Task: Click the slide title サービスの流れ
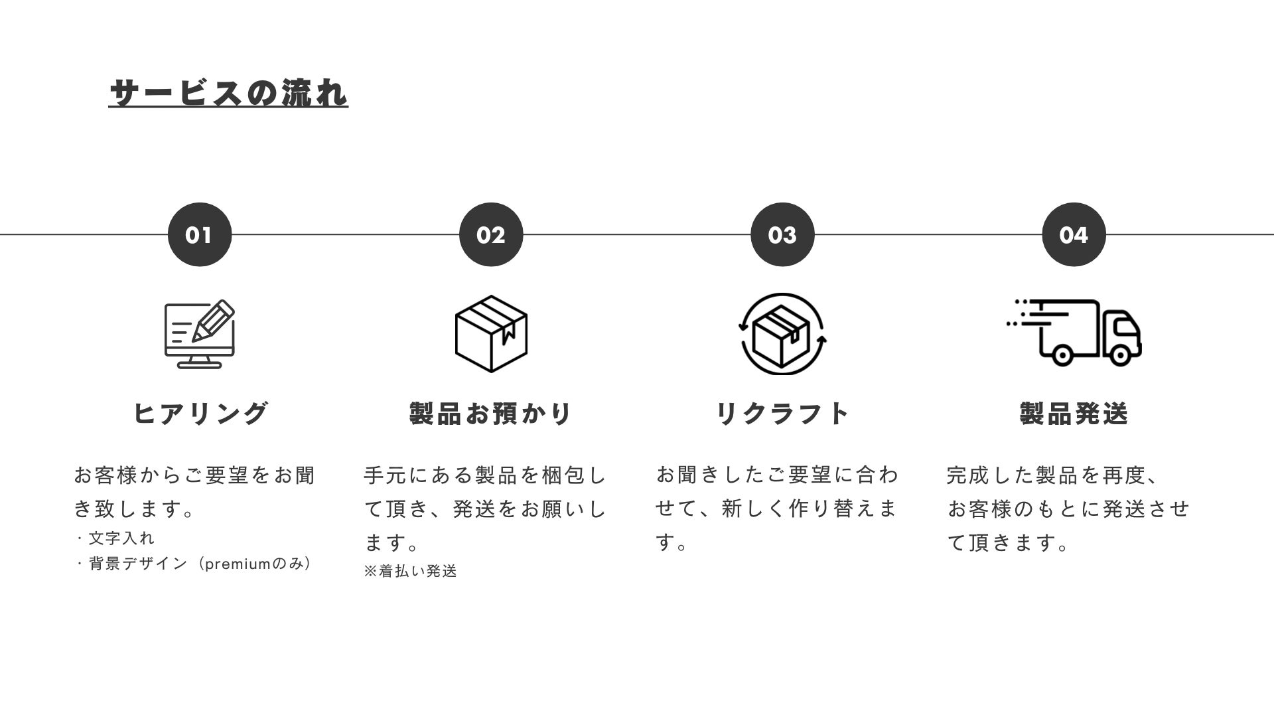(x=228, y=93)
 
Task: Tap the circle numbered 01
(x=199, y=234)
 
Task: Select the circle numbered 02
(x=491, y=234)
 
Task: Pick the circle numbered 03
(x=782, y=234)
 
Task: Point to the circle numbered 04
(x=1074, y=234)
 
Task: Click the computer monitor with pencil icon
(x=199, y=334)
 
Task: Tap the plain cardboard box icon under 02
(x=491, y=333)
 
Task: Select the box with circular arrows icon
(x=782, y=333)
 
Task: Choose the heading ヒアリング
(x=200, y=413)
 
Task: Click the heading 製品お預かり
(x=491, y=413)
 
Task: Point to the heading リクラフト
(x=782, y=413)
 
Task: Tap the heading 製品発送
(x=1074, y=413)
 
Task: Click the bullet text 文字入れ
(x=121, y=538)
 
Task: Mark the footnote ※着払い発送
(x=411, y=571)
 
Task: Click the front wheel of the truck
(x=1120, y=356)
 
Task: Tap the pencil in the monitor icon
(x=214, y=321)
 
